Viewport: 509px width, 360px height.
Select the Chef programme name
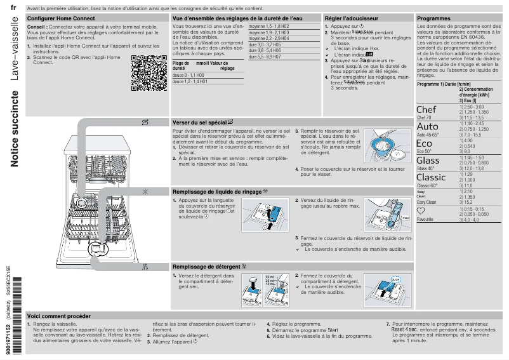point(426,110)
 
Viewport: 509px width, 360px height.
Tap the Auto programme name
point(427,126)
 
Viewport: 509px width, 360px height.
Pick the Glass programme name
point(428,161)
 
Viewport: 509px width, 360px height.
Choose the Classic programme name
point(430,177)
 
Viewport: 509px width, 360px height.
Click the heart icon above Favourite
point(421,211)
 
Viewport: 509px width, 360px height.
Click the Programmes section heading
point(433,19)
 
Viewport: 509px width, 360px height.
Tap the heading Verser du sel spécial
point(200,122)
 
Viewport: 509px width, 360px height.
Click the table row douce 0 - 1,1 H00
point(188,75)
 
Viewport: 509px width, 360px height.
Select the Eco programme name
point(424,143)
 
